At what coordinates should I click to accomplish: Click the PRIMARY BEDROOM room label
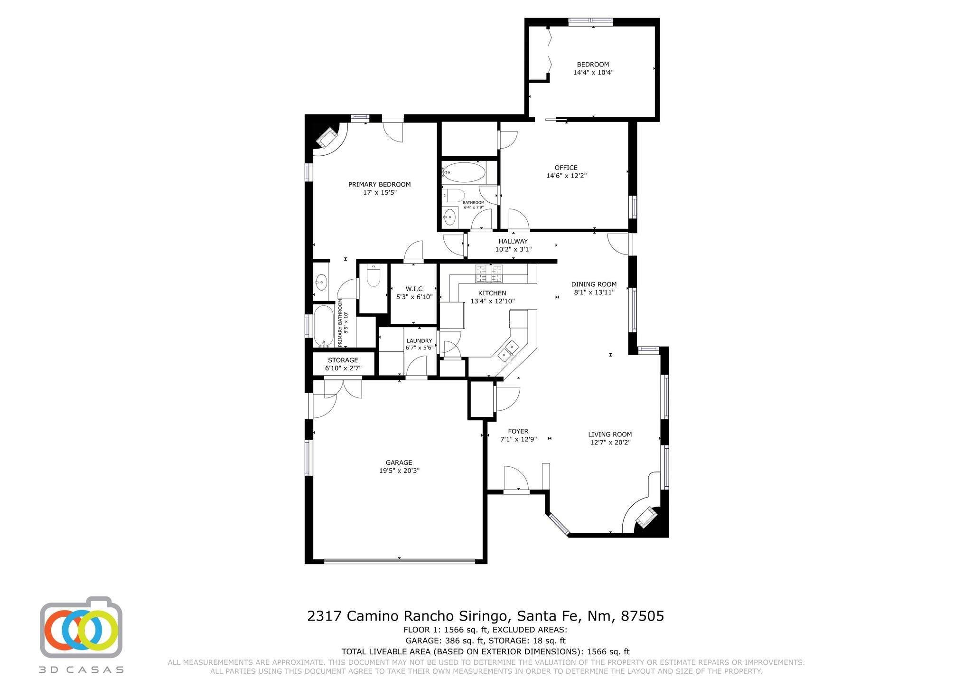pyautogui.click(x=379, y=185)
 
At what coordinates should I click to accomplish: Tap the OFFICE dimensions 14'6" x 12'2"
pyautogui.click(x=566, y=176)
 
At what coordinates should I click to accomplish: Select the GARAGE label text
pyautogui.click(x=399, y=462)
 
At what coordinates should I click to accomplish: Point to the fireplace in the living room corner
pyautogui.click(x=646, y=517)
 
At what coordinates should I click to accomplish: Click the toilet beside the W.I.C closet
pyautogui.click(x=374, y=276)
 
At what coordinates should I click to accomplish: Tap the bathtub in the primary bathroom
pyautogui.click(x=324, y=327)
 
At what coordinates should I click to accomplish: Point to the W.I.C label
pyautogui.click(x=414, y=289)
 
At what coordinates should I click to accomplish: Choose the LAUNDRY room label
pyautogui.click(x=419, y=341)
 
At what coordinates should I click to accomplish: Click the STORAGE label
pyautogui.click(x=343, y=360)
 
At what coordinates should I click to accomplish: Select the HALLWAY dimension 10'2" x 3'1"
pyautogui.click(x=514, y=249)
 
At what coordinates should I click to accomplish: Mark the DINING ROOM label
pyautogui.click(x=594, y=284)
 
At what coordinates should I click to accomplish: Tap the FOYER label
pyautogui.click(x=518, y=432)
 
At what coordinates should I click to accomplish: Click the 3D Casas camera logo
pyautogui.click(x=81, y=627)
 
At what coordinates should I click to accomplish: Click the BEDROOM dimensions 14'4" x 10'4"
pyautogui.click(x=593, y=73)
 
